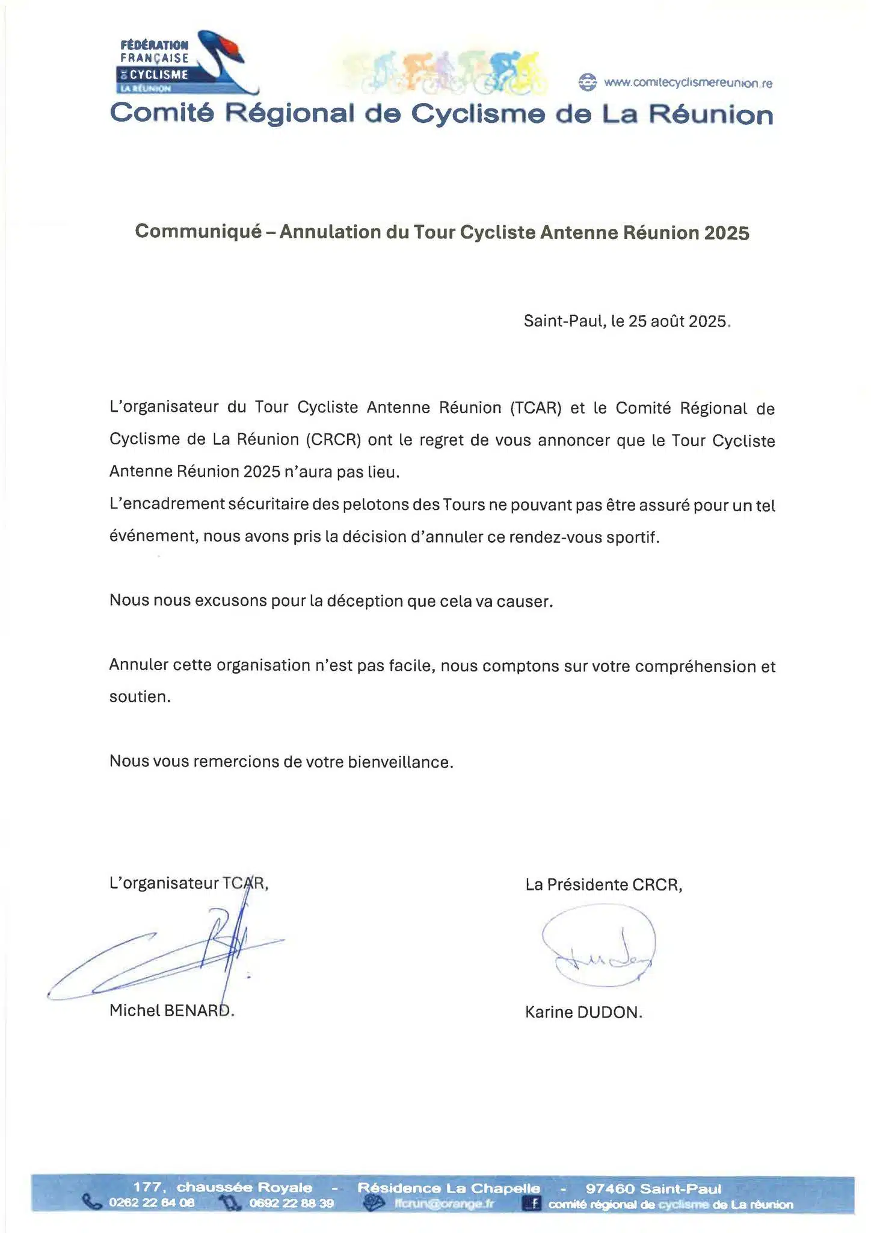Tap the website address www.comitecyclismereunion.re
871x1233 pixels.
(x=688, y=83)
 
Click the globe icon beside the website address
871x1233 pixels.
(x=587, y=82)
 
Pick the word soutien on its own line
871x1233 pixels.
(x=140, y=697)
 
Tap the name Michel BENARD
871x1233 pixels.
(x=171, y=1010)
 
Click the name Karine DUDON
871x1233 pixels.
(x=583, y=1012)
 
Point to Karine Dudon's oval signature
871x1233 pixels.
(x=599, y=946)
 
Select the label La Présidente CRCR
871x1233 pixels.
(x=603, y=884)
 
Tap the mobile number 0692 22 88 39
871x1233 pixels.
(x=291, y=1203)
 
